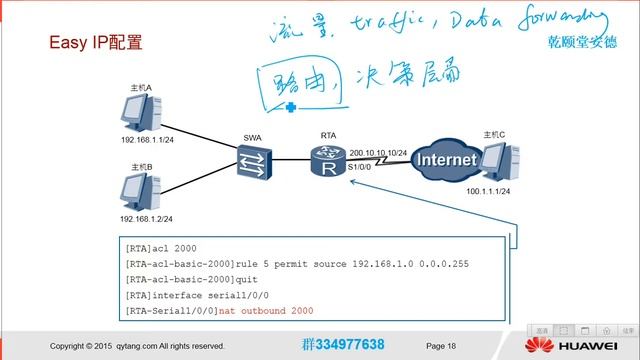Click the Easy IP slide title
(x=96, y=44)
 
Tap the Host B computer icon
(x=141, y=189)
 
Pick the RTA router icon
(x=326, y=160)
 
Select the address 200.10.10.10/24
(x=378, y=151)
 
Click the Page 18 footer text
(x=441, y=346)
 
